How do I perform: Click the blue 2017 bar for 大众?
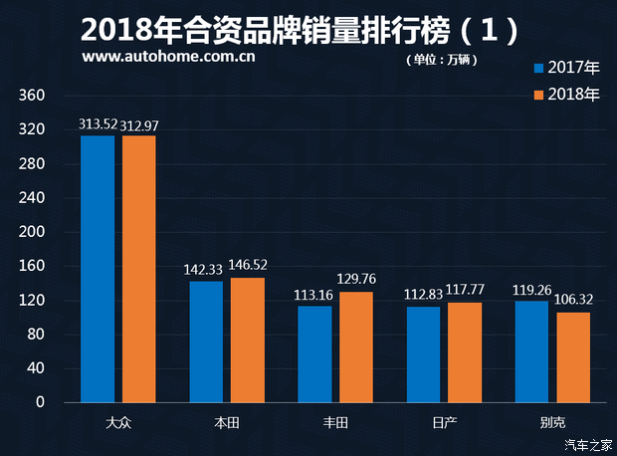click(x=98, y=269)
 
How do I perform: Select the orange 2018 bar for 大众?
click(x=139, y=269)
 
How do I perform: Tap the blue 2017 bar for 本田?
click(x=206, y=342)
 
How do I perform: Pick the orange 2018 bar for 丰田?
click(x=356, y=346)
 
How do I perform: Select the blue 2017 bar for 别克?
click(x=531, y=351)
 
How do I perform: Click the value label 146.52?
click(x=248, y=266)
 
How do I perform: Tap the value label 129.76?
click(x=356, y=280)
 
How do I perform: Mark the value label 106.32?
click(x=573, y=300)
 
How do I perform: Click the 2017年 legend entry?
click(x=567, y=69)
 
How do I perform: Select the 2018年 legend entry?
click(x=567, y=95)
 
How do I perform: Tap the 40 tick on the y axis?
click(x=37, y=368)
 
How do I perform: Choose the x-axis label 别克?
click(x=552, y=423)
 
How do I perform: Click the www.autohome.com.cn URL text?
click(x=169, y=57)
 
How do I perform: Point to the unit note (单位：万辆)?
click(x=442, y=60)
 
